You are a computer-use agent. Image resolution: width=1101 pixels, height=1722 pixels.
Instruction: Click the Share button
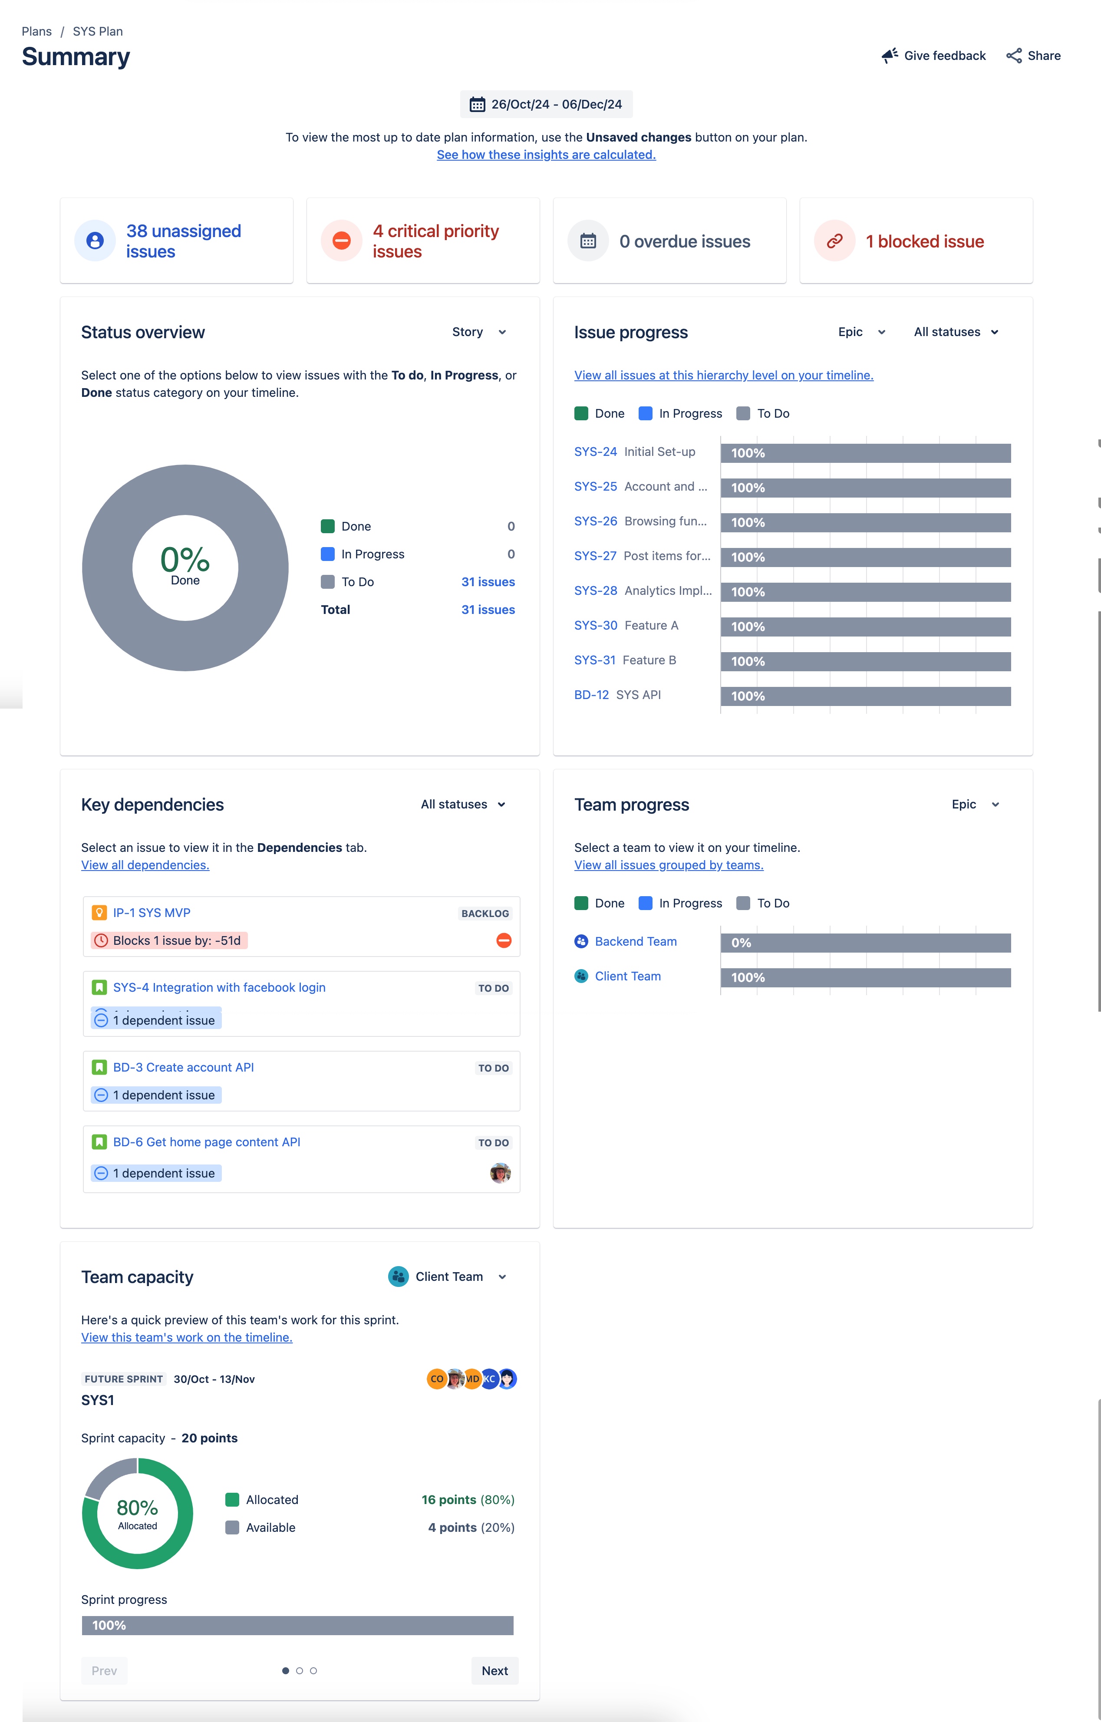(1033, 56)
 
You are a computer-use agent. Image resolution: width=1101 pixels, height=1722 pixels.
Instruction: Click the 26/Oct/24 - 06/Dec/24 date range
(546, 104)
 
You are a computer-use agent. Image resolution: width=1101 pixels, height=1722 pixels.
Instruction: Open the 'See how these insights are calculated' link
(546, 155)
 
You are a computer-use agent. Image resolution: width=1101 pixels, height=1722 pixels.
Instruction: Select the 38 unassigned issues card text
(183, 241)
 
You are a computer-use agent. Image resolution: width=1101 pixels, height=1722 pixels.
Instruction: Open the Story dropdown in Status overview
(479, 332)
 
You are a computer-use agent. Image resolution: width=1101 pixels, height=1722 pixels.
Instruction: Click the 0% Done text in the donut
(185, 565)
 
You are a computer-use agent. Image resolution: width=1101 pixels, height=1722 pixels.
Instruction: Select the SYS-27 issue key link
(595, 556)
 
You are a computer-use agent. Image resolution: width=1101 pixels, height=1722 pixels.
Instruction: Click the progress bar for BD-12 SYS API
(865, 696)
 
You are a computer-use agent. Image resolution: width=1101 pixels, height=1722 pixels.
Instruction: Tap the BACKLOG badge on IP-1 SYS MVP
(485, 913)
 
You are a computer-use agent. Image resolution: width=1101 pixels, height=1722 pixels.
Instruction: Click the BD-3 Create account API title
(183, 1067)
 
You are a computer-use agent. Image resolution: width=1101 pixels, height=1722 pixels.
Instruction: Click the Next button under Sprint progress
(494, 1670)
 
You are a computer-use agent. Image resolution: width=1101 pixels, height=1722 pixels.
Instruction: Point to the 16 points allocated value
(449, 1500)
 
